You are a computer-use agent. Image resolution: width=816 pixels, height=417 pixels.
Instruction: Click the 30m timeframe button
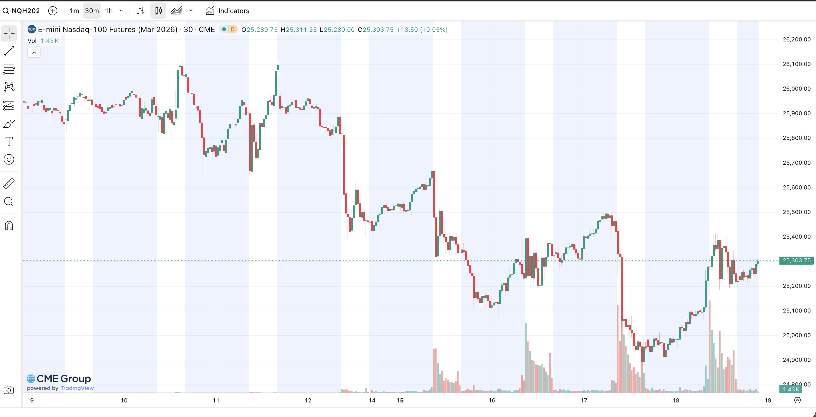[x=92, y=11]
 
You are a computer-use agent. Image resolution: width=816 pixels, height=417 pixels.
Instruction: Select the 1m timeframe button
[x=74, y=11]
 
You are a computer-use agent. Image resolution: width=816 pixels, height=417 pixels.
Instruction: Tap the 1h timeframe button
[x=109, y=11]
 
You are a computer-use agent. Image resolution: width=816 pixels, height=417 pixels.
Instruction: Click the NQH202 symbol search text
[x=26, y=11]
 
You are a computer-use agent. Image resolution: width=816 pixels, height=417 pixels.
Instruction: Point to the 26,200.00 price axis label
[x=796, y=40]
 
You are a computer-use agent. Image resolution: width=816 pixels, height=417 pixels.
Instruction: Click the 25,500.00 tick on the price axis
[x=796, y=212]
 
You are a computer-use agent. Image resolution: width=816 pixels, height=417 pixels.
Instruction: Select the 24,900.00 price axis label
[x=796, y=360]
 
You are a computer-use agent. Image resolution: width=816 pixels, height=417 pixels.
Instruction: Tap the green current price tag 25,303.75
[x=796, y=260]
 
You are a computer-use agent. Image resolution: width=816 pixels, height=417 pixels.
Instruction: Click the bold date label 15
[x=400, y=401]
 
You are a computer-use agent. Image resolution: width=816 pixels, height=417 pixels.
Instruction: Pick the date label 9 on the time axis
[x=32, y=401]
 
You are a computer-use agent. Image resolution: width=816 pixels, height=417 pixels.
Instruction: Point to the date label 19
[x=768, y=401]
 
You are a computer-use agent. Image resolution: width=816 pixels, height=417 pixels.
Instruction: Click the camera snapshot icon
[x=9, y=390]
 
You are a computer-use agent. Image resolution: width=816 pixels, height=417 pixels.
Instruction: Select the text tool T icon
[x=9, y=141]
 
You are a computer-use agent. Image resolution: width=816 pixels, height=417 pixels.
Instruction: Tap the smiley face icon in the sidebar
[x=9, y=159]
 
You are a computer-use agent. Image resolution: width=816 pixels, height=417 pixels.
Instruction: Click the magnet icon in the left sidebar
[x=9, y=226]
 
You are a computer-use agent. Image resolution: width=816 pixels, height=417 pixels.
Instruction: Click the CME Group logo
[x=59, y=379]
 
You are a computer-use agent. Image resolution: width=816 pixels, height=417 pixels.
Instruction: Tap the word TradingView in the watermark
[x=77, y=388]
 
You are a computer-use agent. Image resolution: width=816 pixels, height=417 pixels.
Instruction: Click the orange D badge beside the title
[x=232, y=30]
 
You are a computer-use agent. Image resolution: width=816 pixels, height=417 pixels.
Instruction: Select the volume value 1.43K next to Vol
[x=49, y=41]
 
